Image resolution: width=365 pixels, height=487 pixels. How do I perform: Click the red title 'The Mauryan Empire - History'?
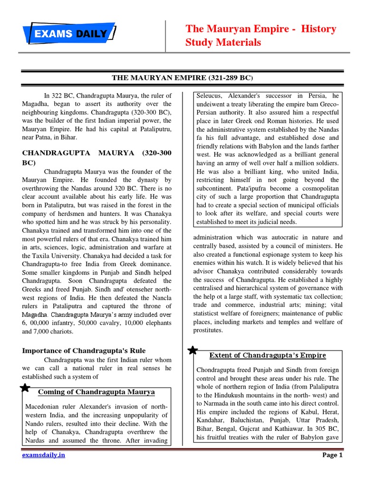coord(260,29)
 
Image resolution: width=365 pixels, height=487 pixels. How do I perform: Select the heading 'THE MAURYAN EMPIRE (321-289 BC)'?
coord(182,77)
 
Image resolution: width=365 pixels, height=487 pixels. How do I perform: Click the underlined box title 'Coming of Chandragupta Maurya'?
coord(96,392)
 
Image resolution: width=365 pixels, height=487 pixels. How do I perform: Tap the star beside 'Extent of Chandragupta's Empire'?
coord(193,351)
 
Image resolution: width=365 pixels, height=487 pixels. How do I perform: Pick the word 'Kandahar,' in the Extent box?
coord(212,420)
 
